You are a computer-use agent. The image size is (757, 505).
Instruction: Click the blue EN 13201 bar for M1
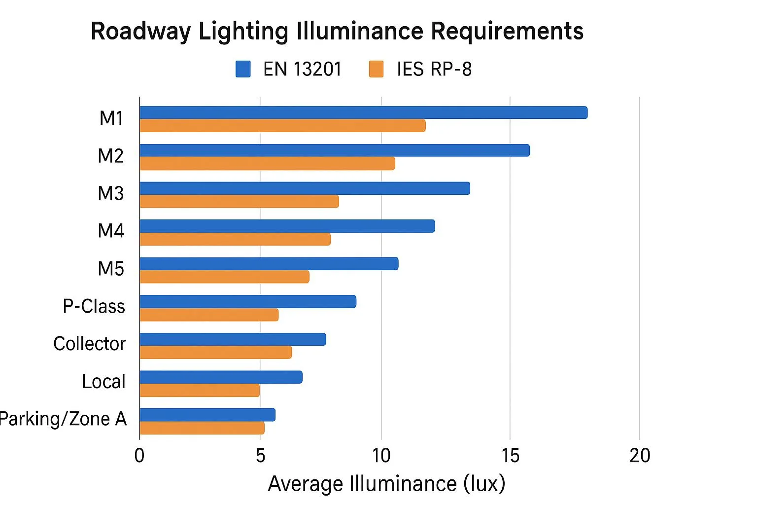(x=363, y=112)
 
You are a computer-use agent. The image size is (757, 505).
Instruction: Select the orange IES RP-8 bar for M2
(x=267, y=164)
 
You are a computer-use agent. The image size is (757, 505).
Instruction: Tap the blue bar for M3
(x=305, y=188)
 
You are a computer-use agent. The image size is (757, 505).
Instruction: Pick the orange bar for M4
(x=235, y=239)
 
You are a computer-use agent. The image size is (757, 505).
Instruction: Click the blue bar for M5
(x=269, y=264)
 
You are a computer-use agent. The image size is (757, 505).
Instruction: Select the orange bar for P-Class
(x=209, y=315)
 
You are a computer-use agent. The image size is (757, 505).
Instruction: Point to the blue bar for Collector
(x=233, y=339)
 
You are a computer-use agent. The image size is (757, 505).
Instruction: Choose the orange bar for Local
(x=200, y=390)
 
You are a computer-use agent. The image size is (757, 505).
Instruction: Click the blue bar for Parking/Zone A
(x=207, y=415)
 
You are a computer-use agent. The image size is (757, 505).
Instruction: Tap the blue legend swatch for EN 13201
(x=243, y=69)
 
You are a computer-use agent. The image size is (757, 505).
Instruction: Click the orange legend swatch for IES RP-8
(x=377, y=69)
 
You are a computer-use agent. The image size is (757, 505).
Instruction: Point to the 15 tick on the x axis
(x=510, y=455)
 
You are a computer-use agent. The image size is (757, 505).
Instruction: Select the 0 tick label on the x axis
(x=139, y=455)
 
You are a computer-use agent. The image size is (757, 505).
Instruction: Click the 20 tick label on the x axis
(x=640, y=455)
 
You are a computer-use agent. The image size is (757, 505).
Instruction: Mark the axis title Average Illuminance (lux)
(x=386, y=484)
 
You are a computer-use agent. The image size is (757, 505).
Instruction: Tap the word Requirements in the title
(x=507, y=32)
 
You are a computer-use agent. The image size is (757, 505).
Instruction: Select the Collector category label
(x=90, y=344)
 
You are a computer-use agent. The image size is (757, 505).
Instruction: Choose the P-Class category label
(x=94, y=306)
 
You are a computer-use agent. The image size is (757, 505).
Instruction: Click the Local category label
(x=103, y=382)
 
